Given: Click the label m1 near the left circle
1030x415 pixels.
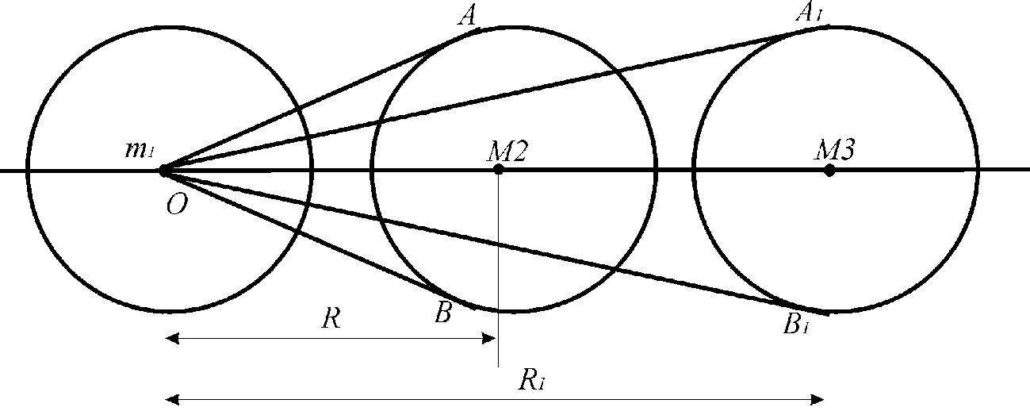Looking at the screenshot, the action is tap(140, 149).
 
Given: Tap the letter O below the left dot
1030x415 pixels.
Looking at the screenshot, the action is tap(177, 204).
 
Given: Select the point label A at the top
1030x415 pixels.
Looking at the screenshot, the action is tap(468, 17).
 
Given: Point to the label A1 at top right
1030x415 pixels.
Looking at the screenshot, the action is tap(808, 13).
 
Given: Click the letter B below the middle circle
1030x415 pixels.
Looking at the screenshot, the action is tap(443, 313).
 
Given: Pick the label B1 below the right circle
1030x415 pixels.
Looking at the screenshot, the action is tap(796, 324).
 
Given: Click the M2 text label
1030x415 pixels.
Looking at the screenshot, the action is tap(507, 152).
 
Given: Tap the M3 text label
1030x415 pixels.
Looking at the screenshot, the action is tap(835, 150).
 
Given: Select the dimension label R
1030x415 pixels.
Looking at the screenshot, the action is tap(331, 318).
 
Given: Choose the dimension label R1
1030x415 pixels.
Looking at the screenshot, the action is tap(531, 381).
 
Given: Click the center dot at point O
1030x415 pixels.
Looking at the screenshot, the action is tap(163, 171).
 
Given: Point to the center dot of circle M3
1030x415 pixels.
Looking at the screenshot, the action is tap(829, 171).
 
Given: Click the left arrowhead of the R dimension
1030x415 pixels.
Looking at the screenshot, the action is tap(172, 339).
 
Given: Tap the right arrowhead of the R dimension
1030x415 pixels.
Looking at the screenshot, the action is tap(488, 339).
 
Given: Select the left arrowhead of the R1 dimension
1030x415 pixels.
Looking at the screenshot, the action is tap(172, 399).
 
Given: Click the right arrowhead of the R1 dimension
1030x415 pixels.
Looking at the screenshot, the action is tap(817, 399).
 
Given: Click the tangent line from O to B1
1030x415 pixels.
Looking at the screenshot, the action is tap(496, 244).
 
